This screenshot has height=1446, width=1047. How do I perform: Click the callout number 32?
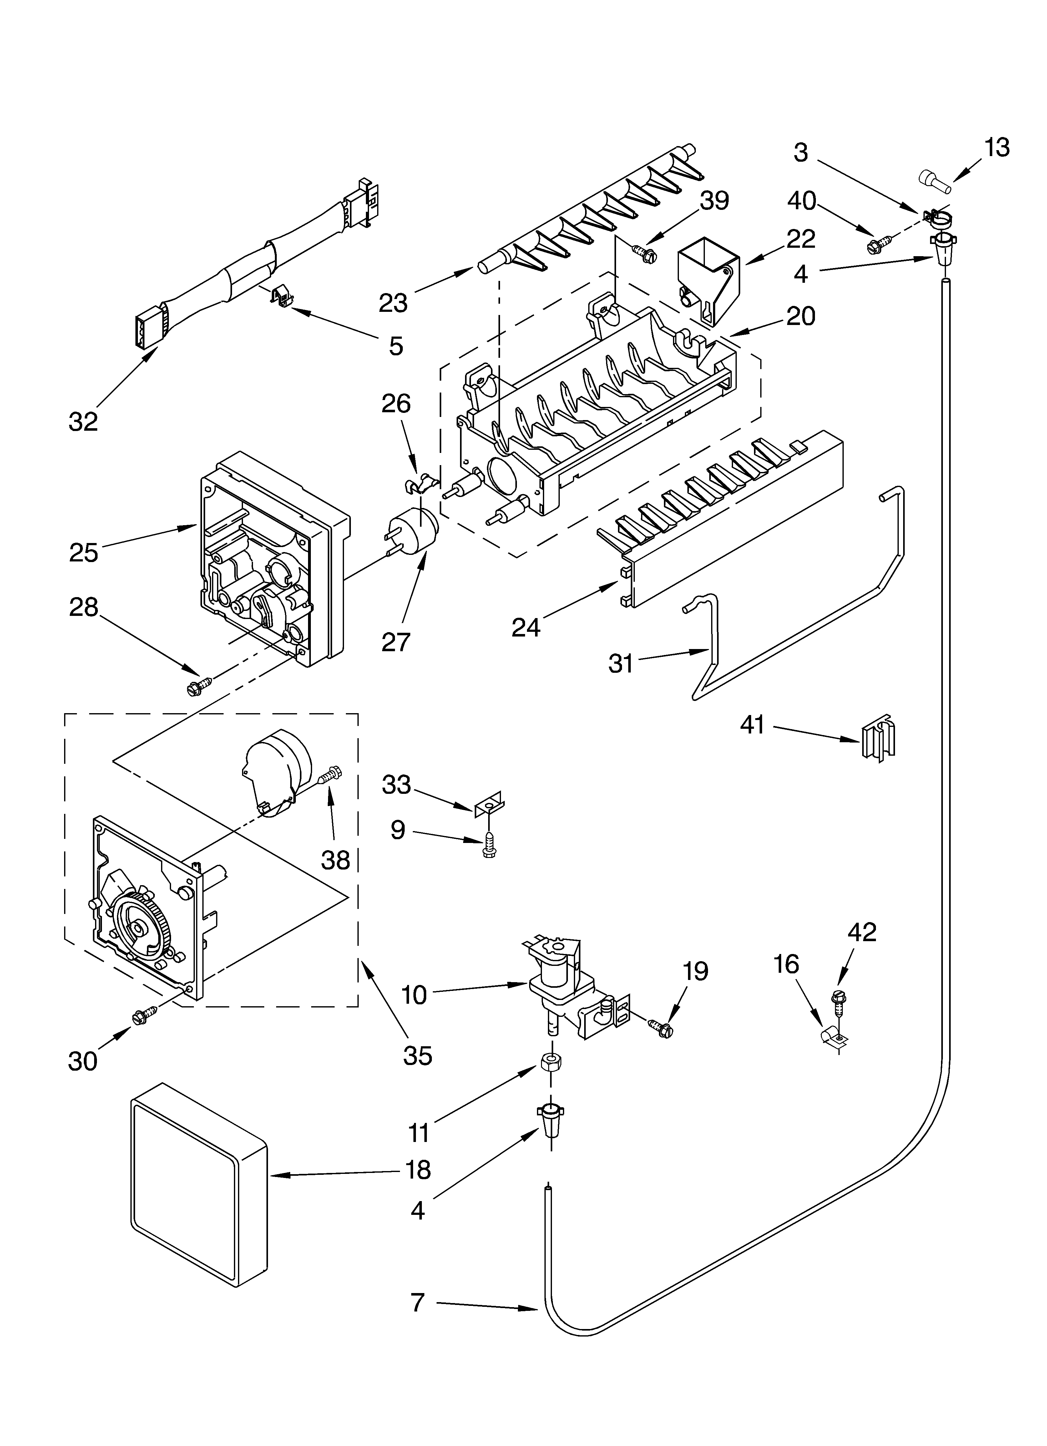[83, 421]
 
